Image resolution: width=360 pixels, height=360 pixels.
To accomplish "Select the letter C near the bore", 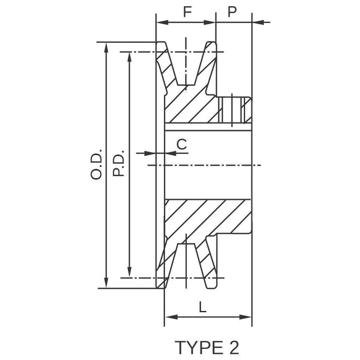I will pos(181,144).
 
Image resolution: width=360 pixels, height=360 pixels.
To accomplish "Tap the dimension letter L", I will pos(203,306).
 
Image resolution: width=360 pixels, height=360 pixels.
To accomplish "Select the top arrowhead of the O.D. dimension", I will pos(107,47).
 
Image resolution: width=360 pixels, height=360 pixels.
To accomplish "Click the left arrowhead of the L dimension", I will pos(168,317).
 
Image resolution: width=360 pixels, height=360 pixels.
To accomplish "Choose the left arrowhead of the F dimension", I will pos(159,23).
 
